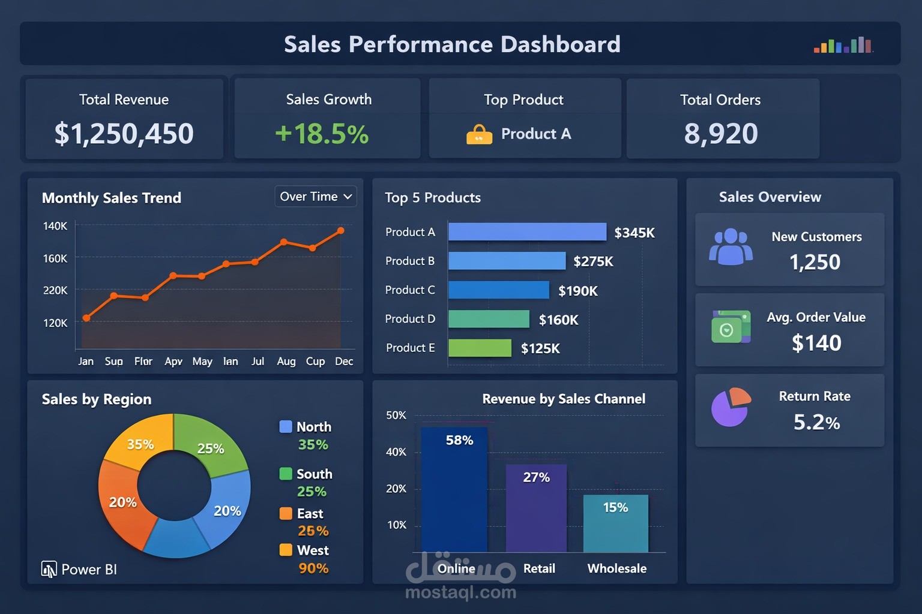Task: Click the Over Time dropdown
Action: [316, 197]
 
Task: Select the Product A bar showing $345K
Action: [527, 232]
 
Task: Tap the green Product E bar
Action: [480, 348]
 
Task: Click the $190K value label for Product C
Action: [577, 291]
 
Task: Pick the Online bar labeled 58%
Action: [454, 489]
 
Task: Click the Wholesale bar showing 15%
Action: [615, 523]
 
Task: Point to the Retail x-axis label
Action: [538, 568]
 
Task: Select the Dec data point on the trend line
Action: [341, 230]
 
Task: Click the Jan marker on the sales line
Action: [86, 318]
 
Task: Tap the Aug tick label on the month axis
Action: [286, 361]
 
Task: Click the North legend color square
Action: [286, 427]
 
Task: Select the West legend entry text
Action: [313, 550]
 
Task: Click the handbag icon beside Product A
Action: [479, 134]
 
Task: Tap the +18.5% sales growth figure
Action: [322, 133]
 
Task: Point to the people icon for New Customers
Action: [731, 247]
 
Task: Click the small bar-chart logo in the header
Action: [843, 46]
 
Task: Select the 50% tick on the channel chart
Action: [396, 415]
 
